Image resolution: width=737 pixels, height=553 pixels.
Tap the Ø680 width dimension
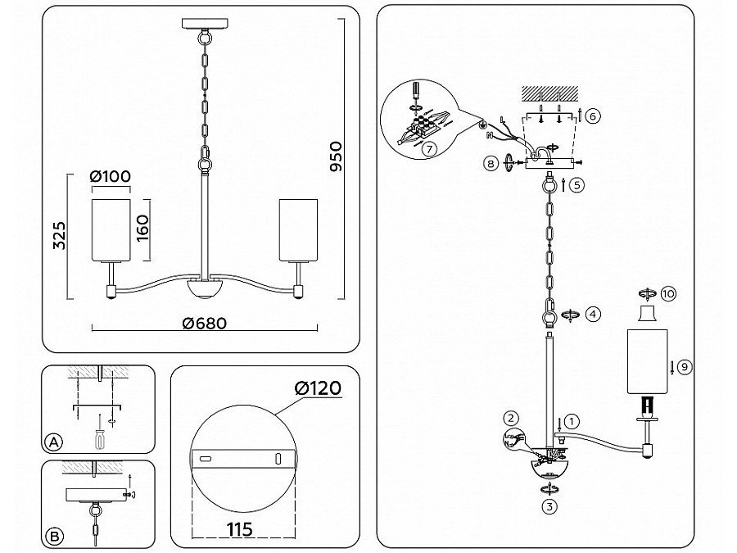204,323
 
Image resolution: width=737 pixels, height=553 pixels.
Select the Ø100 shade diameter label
110,177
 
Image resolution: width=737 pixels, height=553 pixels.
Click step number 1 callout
572,422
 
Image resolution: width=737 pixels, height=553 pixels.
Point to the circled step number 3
549,505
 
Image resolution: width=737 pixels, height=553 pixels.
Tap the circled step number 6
594,116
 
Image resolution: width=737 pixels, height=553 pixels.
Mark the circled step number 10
670,292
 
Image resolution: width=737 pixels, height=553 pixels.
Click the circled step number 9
685,366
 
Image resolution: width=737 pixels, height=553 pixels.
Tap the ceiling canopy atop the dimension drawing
203,24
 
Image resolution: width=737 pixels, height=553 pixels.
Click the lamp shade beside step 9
648,361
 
